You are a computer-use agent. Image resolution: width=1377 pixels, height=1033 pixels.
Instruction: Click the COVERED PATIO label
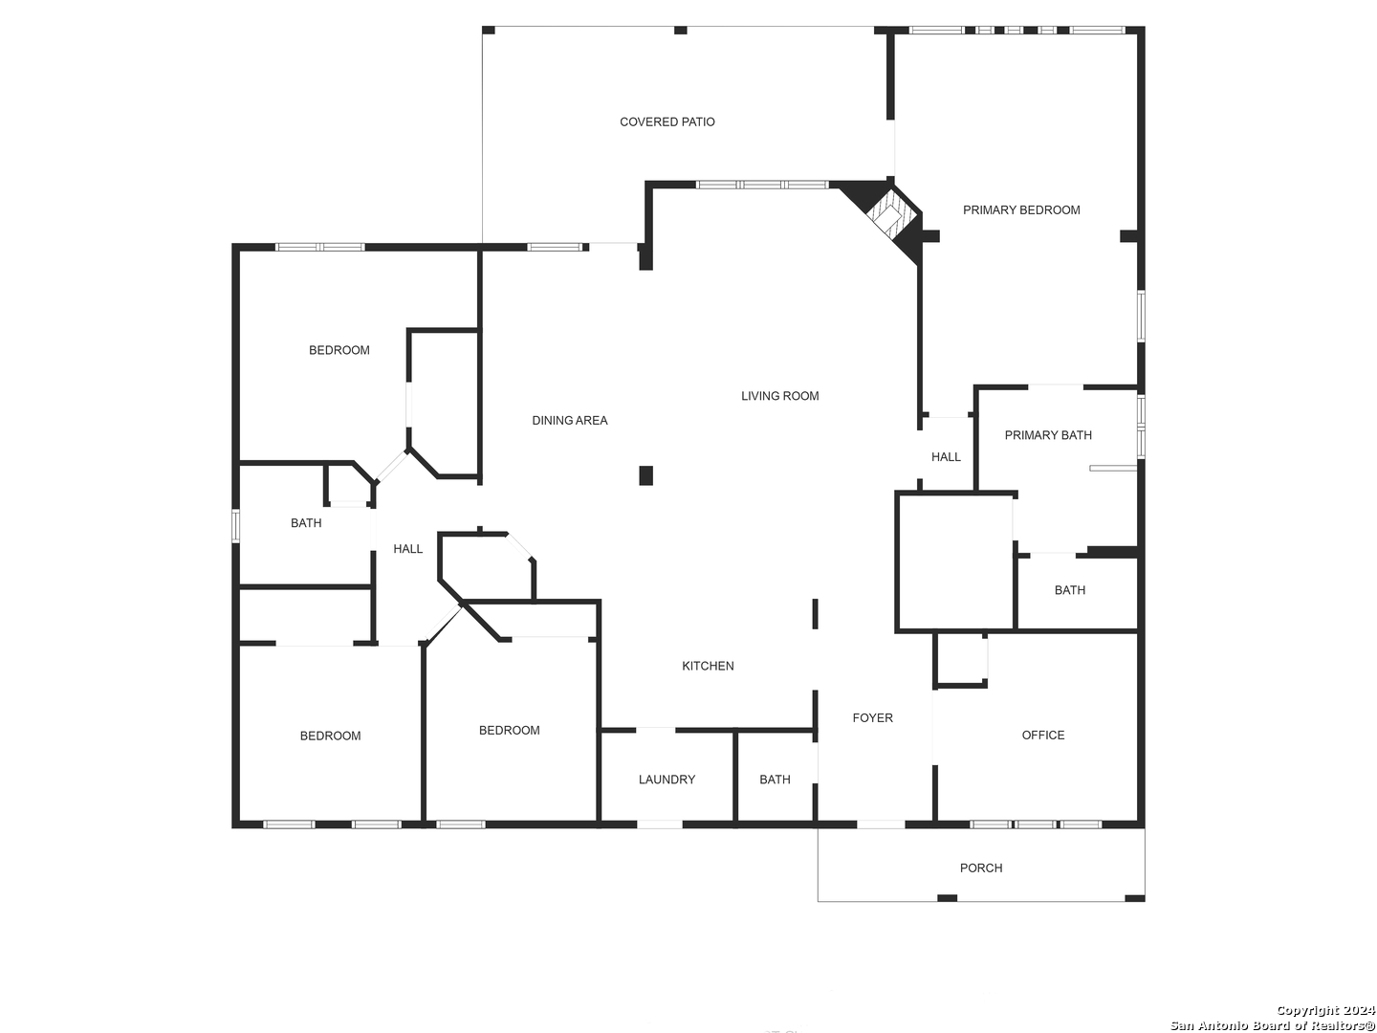667,121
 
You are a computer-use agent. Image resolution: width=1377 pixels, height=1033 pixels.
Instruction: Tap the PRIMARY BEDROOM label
1020,210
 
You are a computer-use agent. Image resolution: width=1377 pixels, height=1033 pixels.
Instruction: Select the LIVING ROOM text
779,396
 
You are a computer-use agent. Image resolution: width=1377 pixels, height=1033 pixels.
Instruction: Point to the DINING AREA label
570,420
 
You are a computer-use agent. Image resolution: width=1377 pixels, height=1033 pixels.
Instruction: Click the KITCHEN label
708,666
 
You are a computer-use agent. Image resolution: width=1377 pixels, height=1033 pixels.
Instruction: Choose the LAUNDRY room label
667,779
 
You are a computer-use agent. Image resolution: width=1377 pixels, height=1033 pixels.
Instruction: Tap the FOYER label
873,717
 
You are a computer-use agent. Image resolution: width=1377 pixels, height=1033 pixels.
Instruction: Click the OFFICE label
1042,735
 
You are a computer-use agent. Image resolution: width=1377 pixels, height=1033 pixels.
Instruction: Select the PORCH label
981,868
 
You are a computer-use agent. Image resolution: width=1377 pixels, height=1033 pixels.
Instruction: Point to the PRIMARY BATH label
1048,434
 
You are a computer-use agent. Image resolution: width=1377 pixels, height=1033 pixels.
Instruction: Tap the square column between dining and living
645,475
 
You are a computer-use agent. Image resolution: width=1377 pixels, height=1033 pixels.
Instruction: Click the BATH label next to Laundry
775,779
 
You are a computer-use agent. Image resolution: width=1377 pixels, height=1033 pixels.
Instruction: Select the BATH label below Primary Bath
1070,589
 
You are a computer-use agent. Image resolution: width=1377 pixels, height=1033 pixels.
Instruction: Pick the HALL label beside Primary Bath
946,456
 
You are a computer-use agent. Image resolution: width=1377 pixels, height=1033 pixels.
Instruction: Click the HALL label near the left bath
407,549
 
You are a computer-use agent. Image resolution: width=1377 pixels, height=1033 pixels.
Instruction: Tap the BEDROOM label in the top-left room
339,350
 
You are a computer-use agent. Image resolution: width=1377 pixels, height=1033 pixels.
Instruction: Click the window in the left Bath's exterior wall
236,525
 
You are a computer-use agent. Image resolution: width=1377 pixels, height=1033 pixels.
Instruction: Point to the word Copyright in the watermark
1308,1009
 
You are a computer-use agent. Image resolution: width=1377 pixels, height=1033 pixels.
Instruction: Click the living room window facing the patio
762,185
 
